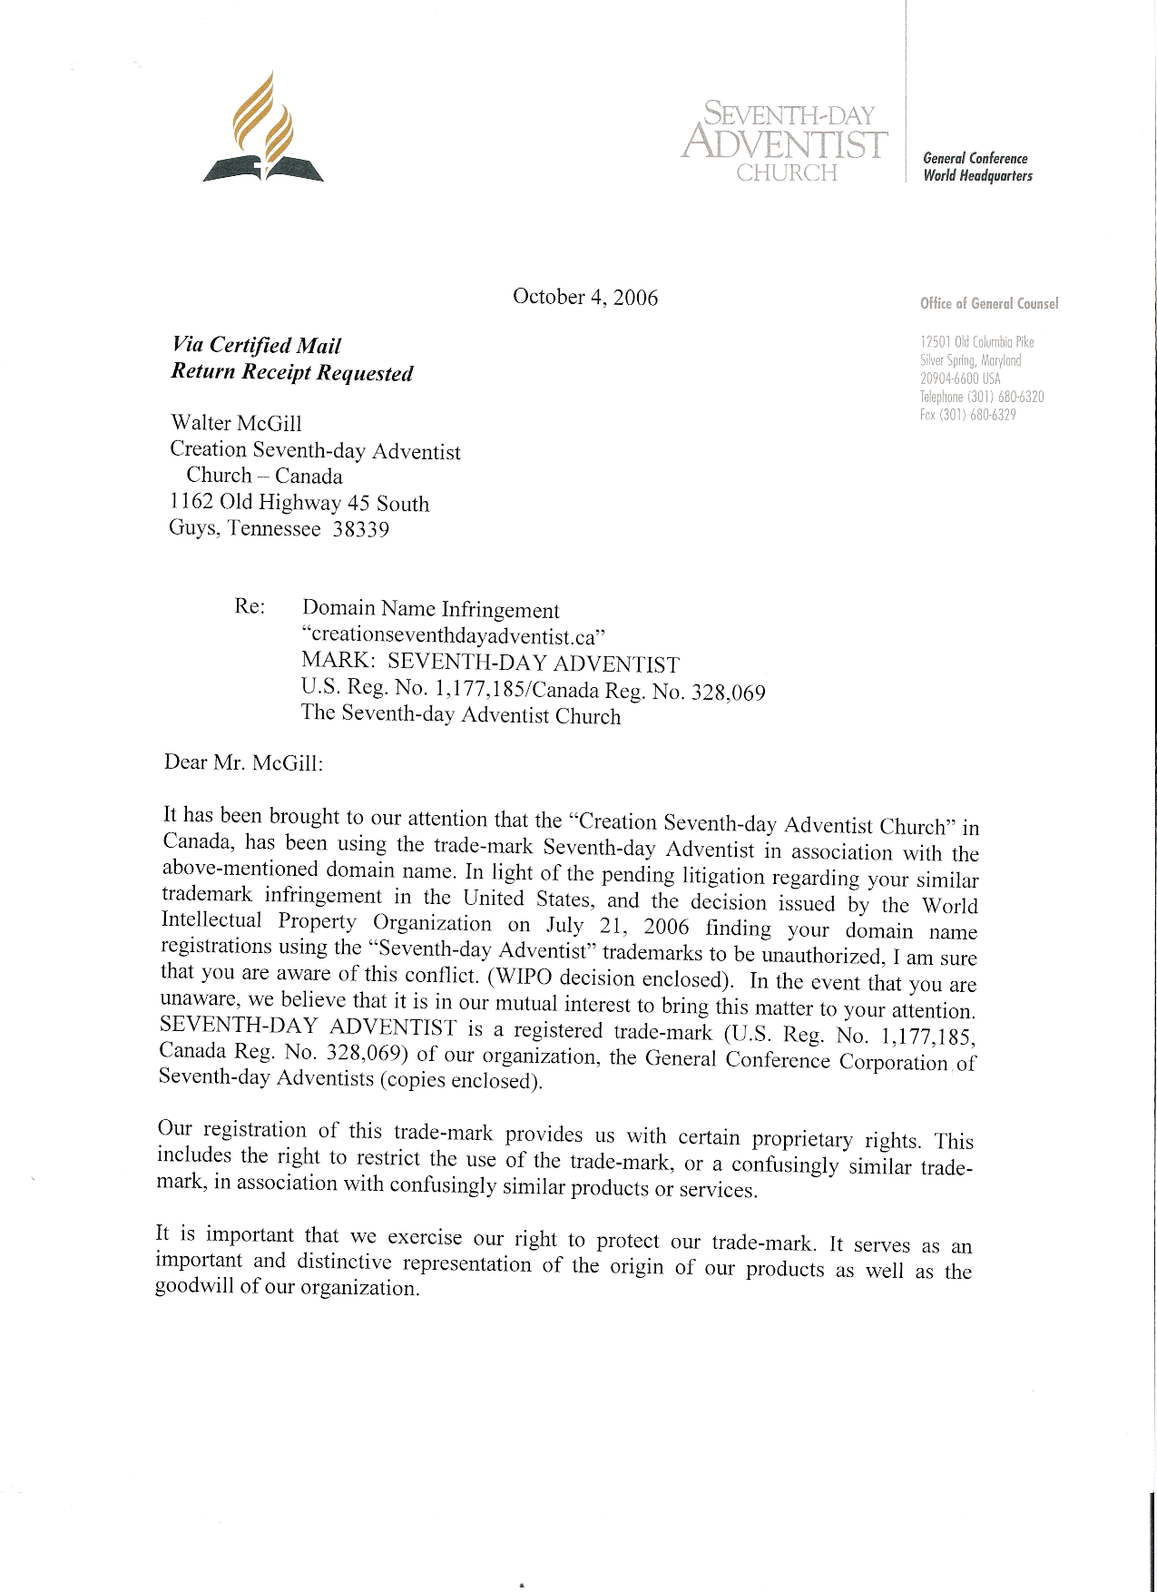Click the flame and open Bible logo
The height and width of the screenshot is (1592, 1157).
(263, 129)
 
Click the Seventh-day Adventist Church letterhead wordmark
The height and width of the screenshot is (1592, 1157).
(786, 142)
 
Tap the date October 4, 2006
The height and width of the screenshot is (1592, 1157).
(585, 297)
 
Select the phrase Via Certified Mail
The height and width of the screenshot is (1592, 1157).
(256, 346)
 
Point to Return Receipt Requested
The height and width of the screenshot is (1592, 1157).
(291, 372)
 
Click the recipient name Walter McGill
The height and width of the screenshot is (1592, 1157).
(236, 424)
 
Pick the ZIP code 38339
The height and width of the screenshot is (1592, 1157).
(360, 529)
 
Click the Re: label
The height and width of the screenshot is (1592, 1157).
(250, 606)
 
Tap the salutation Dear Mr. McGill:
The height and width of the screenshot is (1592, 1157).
(243, 762)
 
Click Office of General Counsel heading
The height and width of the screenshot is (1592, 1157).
(989, 303)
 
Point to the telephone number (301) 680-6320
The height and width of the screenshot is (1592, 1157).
(1005, 397)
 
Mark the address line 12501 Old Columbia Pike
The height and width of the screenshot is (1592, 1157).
(976, 342)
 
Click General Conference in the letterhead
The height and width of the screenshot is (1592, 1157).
(976, 159)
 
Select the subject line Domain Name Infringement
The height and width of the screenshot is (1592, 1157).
(430, 610)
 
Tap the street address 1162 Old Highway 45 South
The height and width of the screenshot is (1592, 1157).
(299, 502)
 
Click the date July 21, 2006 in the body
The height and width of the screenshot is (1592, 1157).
(617, 927)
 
